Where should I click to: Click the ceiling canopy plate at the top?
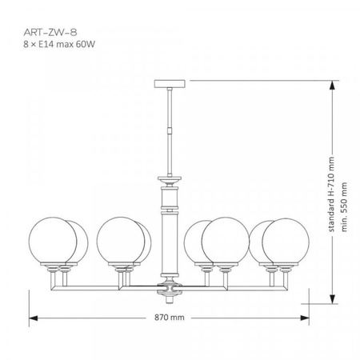[170, 82]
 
